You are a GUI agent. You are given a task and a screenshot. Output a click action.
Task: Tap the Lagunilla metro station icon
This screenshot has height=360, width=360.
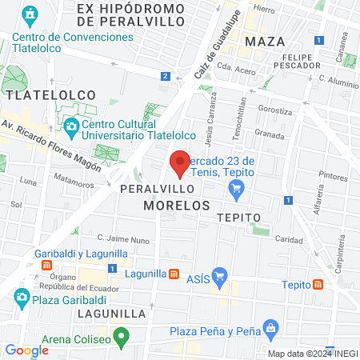[x=174, y=274]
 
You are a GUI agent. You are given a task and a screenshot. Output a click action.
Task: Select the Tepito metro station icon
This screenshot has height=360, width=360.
[x=318, y=284]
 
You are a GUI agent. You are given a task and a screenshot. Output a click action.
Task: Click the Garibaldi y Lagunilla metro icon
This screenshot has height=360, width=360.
[x=47, y=266]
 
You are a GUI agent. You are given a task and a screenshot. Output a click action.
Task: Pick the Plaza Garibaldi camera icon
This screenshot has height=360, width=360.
[x=22, y=298]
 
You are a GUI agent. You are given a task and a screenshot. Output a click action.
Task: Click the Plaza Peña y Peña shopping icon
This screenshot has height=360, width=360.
[x=271, y=328]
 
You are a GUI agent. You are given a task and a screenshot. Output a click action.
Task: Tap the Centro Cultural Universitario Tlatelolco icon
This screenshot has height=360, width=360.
[x=71, y=126]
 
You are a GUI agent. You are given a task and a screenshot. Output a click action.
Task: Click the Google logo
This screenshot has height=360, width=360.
[x=27, y=350]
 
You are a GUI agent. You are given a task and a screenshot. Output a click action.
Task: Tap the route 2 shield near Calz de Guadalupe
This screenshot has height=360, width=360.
[x=165, y=76]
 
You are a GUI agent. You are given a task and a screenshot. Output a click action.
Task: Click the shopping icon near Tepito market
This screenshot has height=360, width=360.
[x=235, y=189]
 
